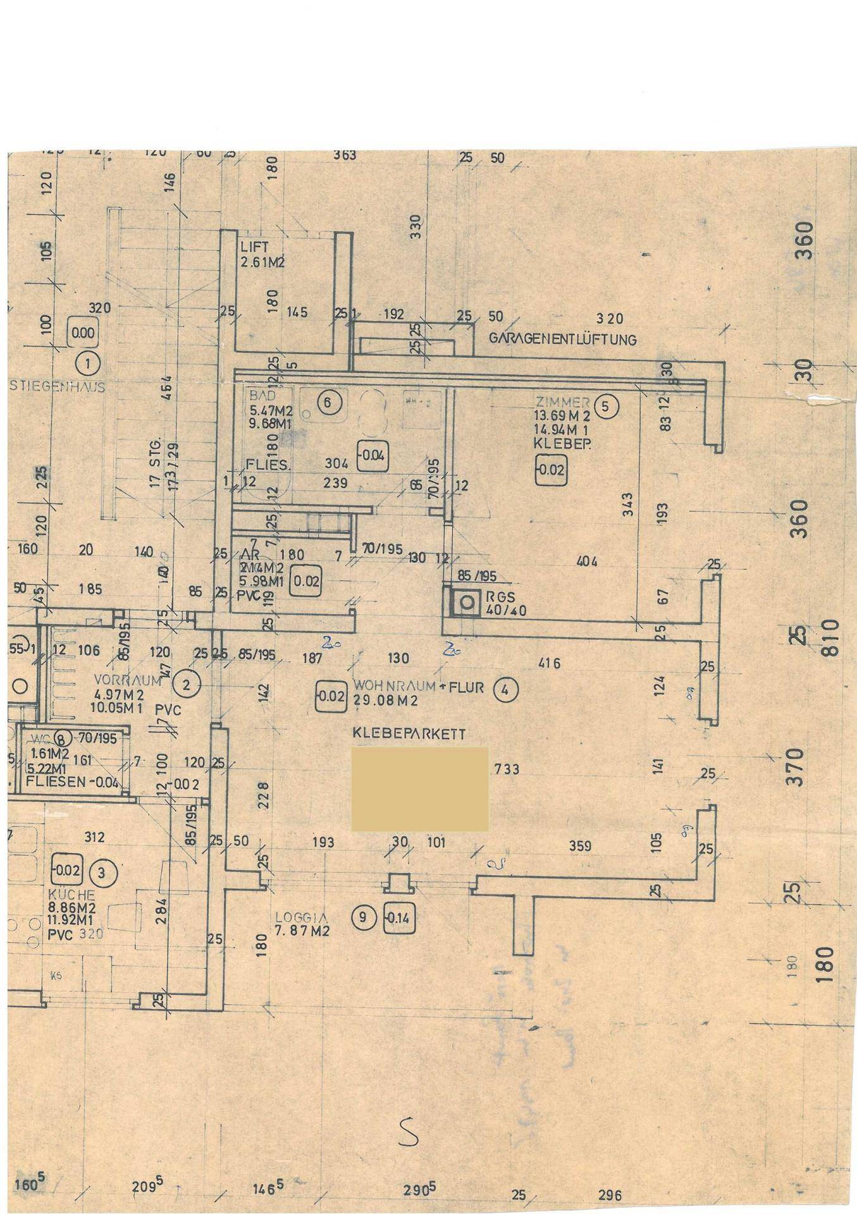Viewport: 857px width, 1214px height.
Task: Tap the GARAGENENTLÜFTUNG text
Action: [x=562, y=339]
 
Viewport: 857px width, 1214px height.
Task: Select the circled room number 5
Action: [x=605, y=407]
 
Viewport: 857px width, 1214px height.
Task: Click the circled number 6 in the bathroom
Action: [x=329, y=401]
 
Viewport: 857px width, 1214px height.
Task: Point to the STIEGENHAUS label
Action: [x=58, y=387]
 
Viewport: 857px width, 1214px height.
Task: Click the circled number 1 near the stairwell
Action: [x=87, y=364]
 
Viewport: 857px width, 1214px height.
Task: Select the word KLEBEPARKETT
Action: [x=409, y=734]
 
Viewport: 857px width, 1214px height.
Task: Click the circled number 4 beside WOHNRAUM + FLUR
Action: [x=505, y=690]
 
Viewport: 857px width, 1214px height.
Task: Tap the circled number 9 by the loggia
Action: [x=364, y=917]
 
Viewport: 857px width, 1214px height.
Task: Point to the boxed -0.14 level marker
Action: [x=398, y=919]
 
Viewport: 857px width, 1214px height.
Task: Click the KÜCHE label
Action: [x=71, y=895]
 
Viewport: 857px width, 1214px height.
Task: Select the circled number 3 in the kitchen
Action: [x=104, y=873]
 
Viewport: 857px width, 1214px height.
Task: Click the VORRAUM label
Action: [x=120, y=680]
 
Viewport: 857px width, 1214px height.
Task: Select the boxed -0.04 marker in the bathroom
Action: [x=373, y=455]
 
